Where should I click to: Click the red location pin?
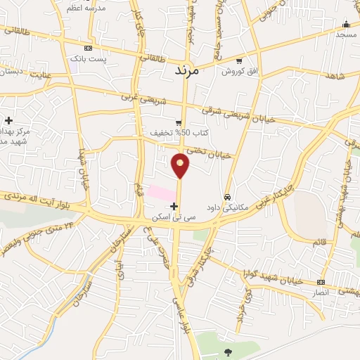pyautogui.click(x=181, y=165)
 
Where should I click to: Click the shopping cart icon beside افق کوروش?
pyautogui.click(x=239, y=60)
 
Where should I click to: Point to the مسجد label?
pyautogui.click(x=345, y=34)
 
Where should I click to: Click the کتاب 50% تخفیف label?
pyautogui.click(x=169, y=133)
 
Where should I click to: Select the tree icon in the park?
pyautogui.click(x=227, y=351)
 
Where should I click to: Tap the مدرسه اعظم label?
pyautogui.click(x=96, y=10)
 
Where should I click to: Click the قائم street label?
pyautogui.click(x=321, y=243)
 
